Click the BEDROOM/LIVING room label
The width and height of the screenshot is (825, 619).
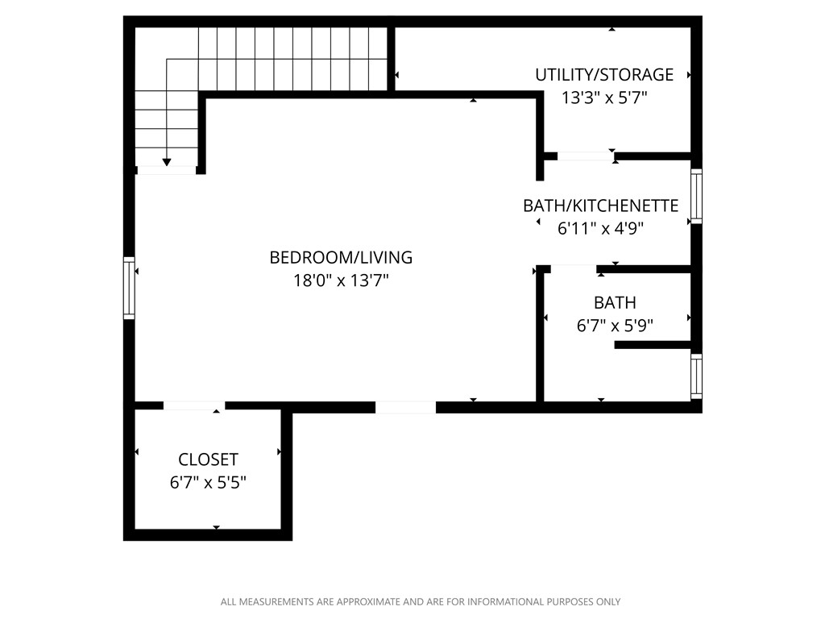(x=341, y=257)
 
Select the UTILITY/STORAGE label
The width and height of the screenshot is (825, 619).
(x=604, y=75)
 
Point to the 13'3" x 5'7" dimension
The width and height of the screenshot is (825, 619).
(x=604, y=98)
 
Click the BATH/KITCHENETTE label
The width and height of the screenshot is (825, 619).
(x=600, y=206)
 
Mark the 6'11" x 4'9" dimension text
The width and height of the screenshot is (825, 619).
(x=600, y=228)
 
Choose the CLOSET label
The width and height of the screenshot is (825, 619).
(x=208, y=459)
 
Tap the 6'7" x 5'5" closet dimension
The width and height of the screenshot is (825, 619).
(x=208, y=483)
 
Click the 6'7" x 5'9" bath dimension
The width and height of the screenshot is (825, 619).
(x=615, y=326)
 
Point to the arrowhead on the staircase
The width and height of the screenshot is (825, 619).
(x=167, y=162)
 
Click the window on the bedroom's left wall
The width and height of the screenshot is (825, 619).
(x=129, y=288)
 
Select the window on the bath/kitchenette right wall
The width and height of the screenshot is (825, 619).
(x=696, y=196)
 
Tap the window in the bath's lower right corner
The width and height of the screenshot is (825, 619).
(x=696, y=376)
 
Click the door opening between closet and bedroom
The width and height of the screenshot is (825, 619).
(x=194, y=406)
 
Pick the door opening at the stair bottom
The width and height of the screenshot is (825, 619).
(x=167, y=170)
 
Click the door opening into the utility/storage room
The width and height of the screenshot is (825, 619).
(x=585, y=156)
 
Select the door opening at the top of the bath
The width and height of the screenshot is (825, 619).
(x=573, y=268)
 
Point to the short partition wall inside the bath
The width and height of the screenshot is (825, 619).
(x=653, y=345)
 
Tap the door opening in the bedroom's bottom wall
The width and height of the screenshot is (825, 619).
(x=406, y=407)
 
